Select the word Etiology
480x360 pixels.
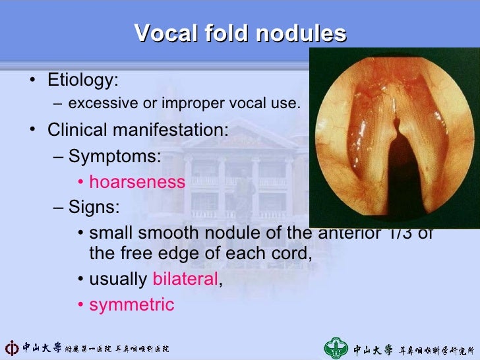(82, 80)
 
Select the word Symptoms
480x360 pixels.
(115, 156)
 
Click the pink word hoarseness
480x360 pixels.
(137, 182)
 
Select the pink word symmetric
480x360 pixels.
(132, 304)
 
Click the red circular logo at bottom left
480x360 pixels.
(11, 347)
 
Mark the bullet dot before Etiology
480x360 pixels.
(32, 81)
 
